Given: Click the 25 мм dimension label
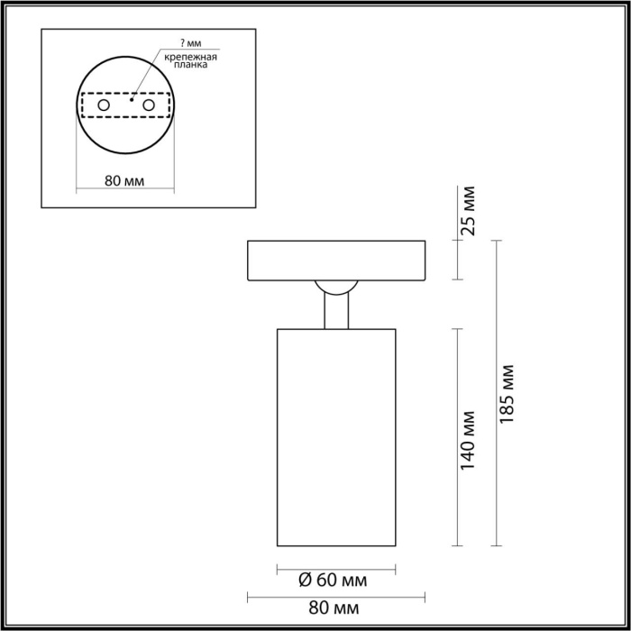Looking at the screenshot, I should pos(466,212).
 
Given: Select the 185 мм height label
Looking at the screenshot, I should pos(509,393).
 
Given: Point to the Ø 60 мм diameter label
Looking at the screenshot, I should pos(335,581).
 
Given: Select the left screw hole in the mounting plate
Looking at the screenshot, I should pos(104,106).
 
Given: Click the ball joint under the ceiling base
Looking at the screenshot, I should pos(335,289).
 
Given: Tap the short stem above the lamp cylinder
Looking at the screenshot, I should pos(335,313).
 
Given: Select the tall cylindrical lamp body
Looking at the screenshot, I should pos(335,437).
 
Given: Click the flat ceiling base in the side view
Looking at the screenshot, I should pos(335,261).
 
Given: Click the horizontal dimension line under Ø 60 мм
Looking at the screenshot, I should pos(335,569).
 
